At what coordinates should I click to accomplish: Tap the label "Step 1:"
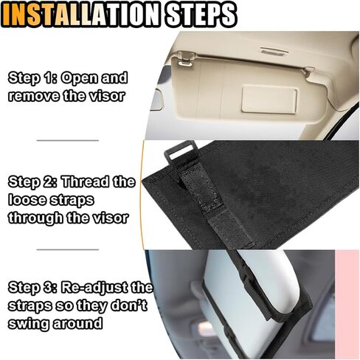(x=34, y=77)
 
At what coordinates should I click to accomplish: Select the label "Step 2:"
(x=33, y=181)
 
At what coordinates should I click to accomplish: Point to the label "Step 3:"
(x=34, y=286)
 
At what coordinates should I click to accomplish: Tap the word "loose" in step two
(x=26, y=200)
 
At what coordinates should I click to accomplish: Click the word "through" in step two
(x=36, y=218)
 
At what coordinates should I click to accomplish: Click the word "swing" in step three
(x=30, y=323)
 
